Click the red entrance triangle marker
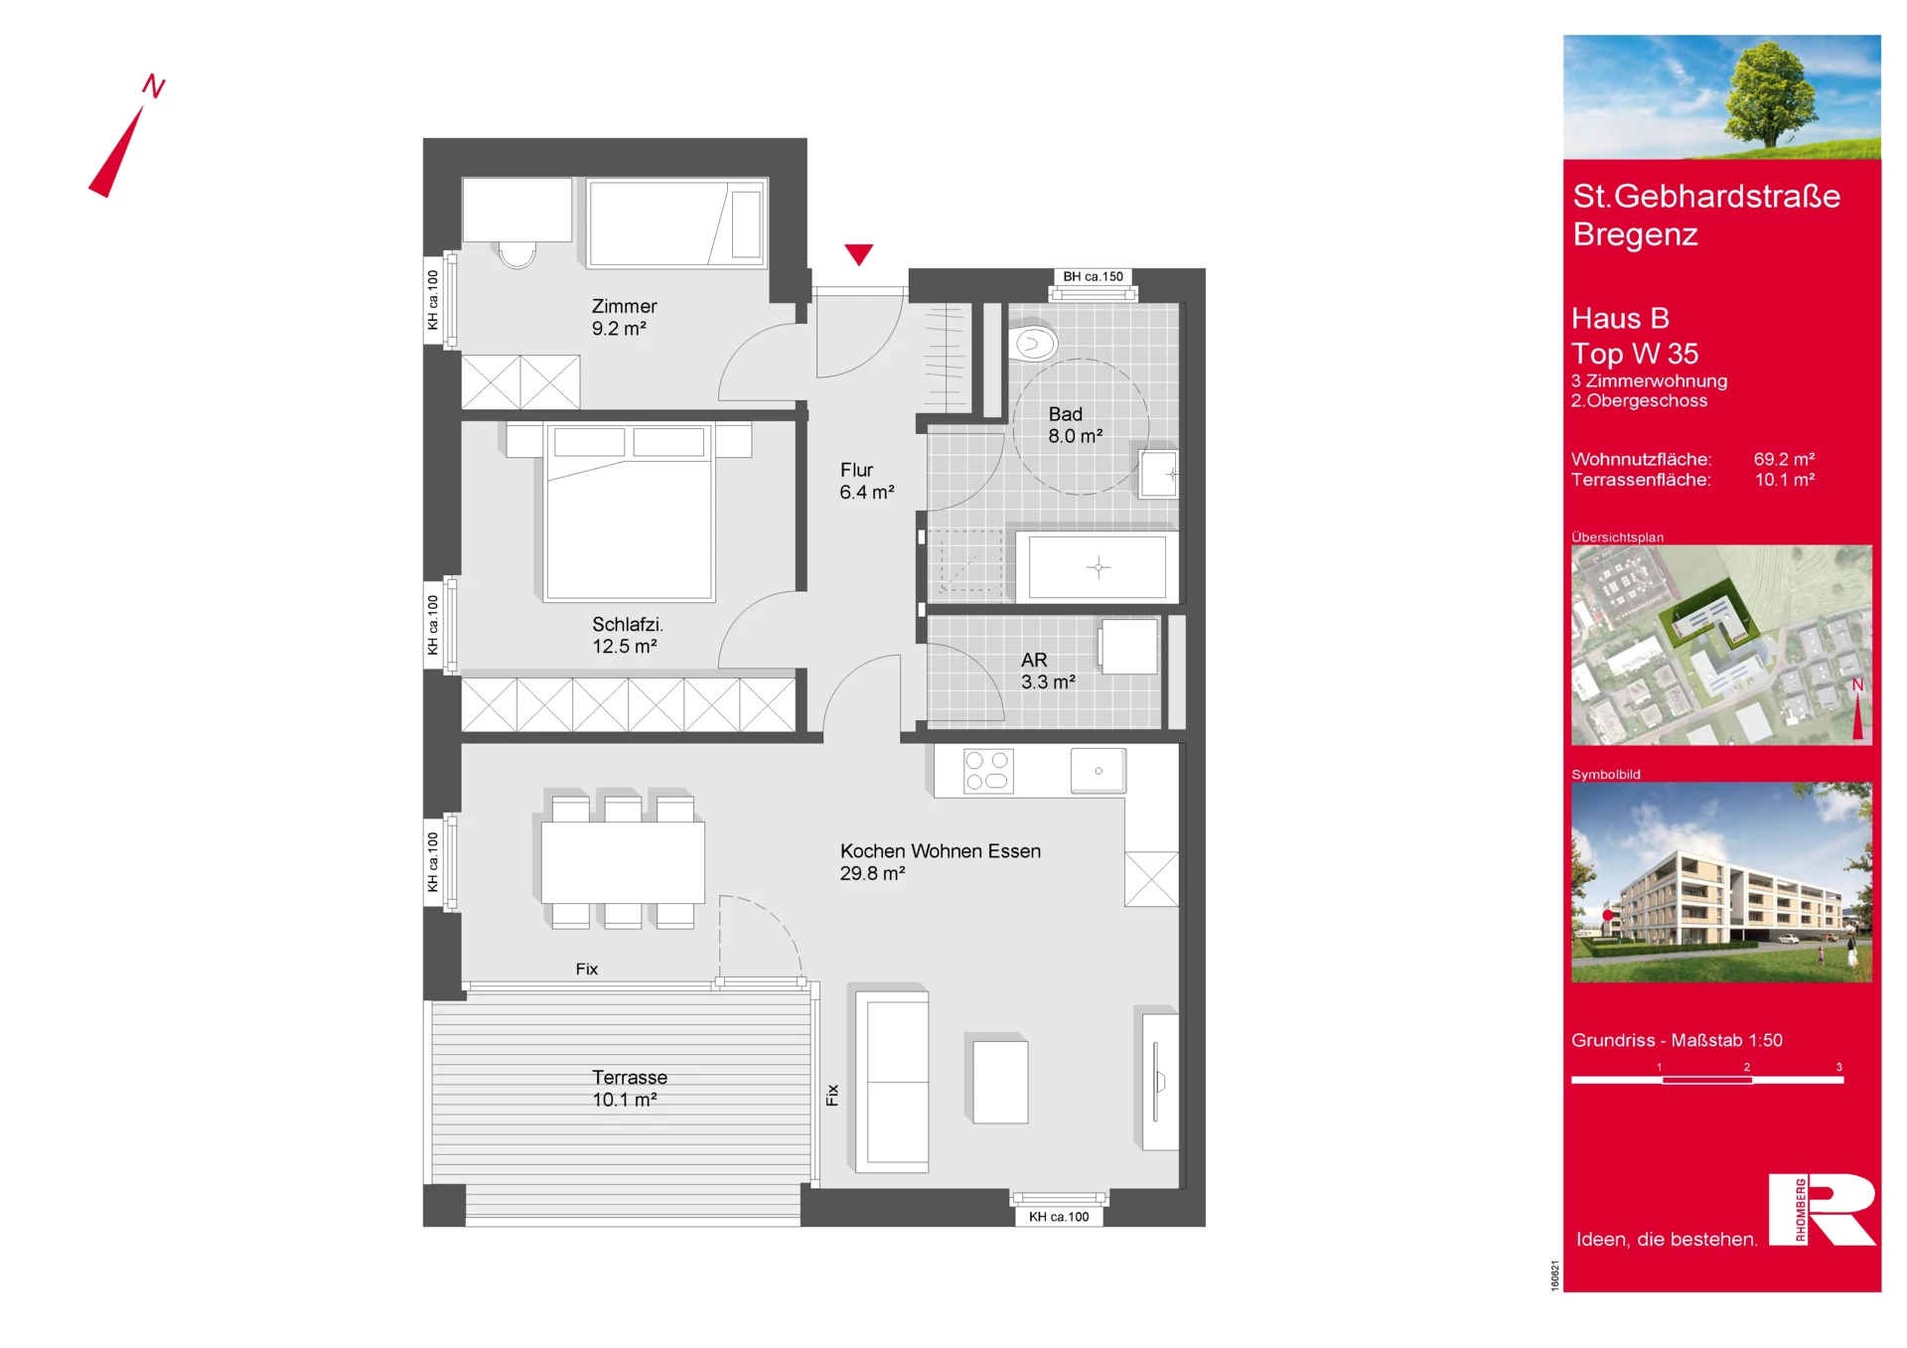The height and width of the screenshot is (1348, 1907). coord(859,253)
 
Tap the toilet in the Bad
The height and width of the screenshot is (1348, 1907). coord(1033,344)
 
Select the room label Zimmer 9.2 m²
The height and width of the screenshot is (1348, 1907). coord(624,317)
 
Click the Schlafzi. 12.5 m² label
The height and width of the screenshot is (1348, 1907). coord(628,635)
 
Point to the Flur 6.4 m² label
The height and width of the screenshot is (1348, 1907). coord(867,481)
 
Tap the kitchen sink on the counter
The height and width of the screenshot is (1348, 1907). coord(1099,771)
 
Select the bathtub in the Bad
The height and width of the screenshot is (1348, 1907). coord(1098,567)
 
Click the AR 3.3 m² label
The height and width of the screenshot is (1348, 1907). coord(1048,671)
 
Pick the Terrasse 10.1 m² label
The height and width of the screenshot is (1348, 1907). coord(629,1088)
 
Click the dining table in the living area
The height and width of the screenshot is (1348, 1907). coord(623,862)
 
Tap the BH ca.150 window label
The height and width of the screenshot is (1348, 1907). coord(1093,277)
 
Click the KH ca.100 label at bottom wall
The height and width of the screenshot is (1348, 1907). coord(1059,1217)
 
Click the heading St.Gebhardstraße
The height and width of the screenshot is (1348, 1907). coord(1706,197)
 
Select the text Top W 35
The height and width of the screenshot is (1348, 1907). coord(1635,354)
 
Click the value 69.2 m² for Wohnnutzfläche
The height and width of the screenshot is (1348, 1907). coord(1784,459)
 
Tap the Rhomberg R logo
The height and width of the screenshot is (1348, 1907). coord(1823,1209)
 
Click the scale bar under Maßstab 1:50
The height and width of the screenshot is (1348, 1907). coord(1707,1080)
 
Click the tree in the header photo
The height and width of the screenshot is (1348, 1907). coord(1771,94)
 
